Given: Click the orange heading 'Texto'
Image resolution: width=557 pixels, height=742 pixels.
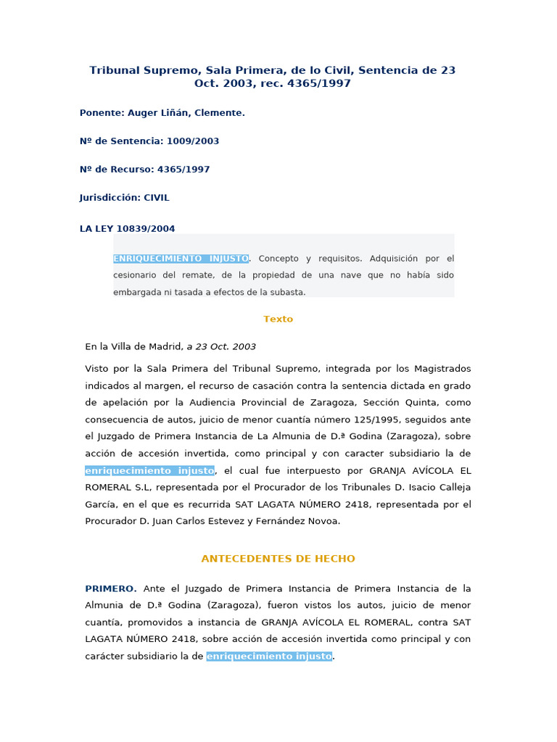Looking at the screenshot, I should pyautogui.click(x=278, y=319).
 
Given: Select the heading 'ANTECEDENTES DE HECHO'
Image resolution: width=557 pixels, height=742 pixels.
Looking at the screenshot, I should pyautogui.click(x=278, y=559).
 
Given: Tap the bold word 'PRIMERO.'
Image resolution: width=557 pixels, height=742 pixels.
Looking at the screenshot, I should pyautogui.click(x=110, y=588).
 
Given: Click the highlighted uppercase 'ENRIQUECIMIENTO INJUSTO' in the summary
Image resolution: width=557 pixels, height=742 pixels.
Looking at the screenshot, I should pyautogui.click(x=181, y=259).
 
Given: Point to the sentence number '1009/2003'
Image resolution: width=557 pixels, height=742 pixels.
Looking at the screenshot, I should pyautogui.click(x=192, y=141).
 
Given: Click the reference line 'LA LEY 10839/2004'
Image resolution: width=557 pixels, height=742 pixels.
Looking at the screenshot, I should pyautogui.click(x=127, y=229).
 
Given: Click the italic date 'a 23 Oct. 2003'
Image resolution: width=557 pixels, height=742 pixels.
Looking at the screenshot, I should pyautogui.click(x=221, y=346).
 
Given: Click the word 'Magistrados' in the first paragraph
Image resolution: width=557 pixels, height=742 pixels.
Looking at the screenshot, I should pyautogui.click(x=442, y=369).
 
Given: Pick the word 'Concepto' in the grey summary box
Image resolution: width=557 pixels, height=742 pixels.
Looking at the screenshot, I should pyautogui.click(x=278, y=259).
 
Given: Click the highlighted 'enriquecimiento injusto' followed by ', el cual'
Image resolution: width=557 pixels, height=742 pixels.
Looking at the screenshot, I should pyautogui.click(x=149, y=470).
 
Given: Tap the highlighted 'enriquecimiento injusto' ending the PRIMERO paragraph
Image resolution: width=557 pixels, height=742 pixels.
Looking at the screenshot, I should pyautogui.click(x=269, y=656).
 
